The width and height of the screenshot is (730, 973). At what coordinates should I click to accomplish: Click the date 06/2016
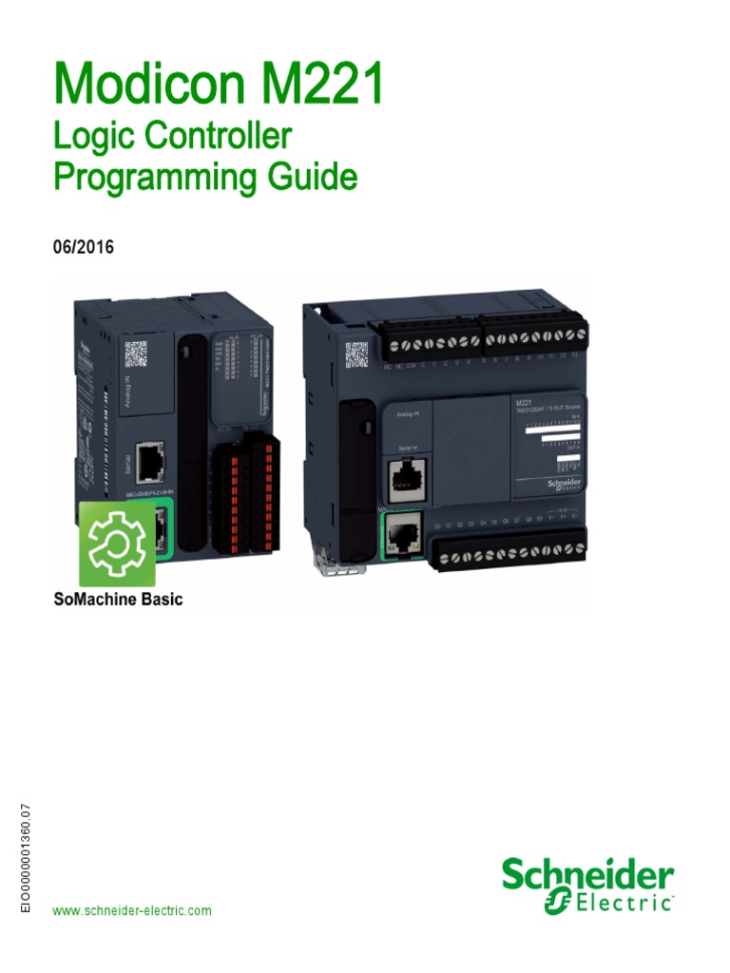(x=84, y=247)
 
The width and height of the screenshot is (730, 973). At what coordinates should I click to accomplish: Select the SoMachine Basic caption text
(x=119, y=600)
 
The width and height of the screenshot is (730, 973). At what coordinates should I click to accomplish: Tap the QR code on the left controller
(x=136, y=355)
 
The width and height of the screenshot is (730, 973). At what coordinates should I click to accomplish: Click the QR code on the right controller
(x=356, y=354)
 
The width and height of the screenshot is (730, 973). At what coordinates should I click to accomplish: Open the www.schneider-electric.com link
(x=132, y=911)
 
